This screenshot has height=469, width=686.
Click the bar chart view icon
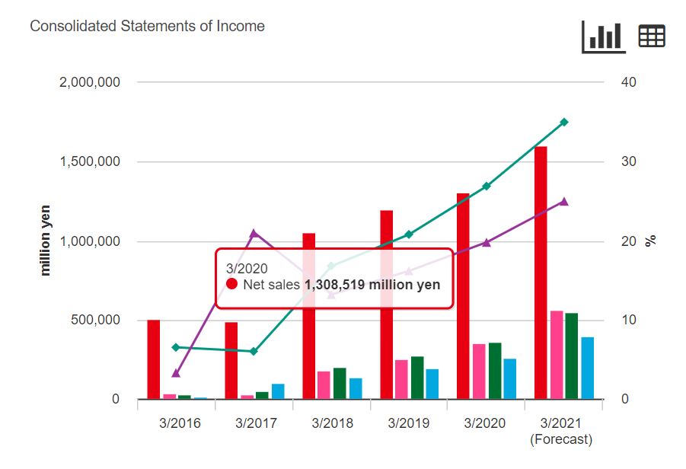coord(603,36)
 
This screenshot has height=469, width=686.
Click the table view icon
coord(652,36)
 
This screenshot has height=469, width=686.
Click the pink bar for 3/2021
coord(557,355)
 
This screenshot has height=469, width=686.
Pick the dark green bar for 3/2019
coord(417,378)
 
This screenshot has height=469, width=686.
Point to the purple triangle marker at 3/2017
coord(254,234)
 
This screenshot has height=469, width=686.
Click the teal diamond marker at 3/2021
coord(564,122)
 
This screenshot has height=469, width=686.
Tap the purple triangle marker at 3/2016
coord(176,373)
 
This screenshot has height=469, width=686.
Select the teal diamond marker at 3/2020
coord(487,186)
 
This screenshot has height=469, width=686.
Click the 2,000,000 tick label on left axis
coord(89,82)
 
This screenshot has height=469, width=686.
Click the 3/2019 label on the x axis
coord(408,423)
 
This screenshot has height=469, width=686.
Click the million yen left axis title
coord(46,240)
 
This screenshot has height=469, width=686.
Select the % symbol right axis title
coord(651,241)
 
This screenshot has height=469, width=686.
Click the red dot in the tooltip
coord(233,284)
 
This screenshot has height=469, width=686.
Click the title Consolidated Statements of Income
coord(147,26)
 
